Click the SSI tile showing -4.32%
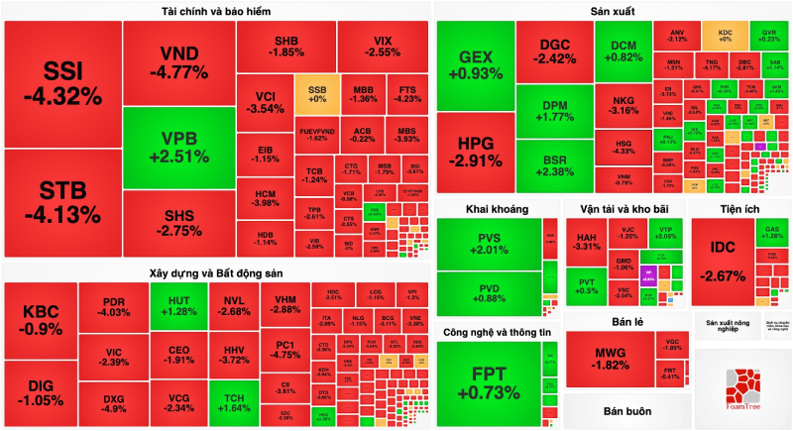coord(61,83)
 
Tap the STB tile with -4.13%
coord(61,203)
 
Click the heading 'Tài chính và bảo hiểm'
coord(216,11)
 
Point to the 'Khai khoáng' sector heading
coord(497,209)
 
